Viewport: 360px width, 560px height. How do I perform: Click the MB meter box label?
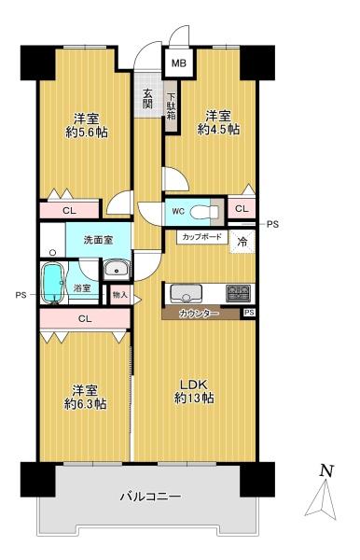(x=179, y=63)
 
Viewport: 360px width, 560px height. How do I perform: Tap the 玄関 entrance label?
(x=147, y=98)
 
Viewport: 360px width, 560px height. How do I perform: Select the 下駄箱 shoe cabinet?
(x=172, y=106)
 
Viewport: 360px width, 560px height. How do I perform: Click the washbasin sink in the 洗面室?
(x=117, y=268)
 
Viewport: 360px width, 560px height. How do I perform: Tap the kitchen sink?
(x=186, y=294)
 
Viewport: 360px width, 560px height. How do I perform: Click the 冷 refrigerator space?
(x=242, y=242)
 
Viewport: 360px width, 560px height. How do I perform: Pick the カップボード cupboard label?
(x=202, y=236)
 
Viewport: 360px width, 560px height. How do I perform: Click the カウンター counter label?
(x=199, y=314)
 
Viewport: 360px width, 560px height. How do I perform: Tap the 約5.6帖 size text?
(x=87, y=133)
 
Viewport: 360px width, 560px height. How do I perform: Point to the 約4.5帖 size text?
(x=218, y=129)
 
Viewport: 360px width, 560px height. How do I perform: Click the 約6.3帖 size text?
(x=85, y=404)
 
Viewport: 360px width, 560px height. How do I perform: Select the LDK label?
(x=194, y=385)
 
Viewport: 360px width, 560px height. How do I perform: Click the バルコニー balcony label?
(x=150, y=497)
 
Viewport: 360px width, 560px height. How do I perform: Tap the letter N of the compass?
(x=326, y=470)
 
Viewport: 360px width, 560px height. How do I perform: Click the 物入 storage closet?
(x=120, y=295)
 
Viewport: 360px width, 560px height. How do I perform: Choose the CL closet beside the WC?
(x=242, y=209)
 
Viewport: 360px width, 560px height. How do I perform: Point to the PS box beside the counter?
(x=249, y=313)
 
